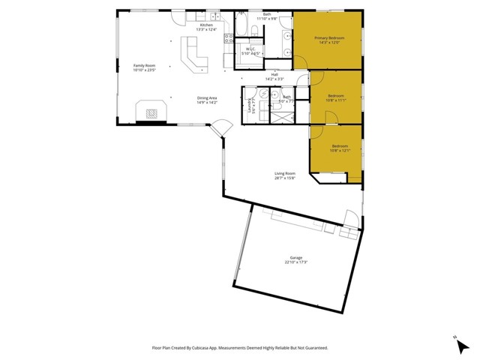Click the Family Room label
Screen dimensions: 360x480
tap(143, 67)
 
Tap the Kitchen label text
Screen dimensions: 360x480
tap(206, 25)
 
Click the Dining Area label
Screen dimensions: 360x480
tap(207, 98)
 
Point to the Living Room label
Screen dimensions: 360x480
tap(285, 173)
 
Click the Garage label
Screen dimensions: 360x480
tap(296, 258)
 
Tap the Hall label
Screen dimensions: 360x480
tap(275, 74)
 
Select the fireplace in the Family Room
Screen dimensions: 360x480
tap(152, 112)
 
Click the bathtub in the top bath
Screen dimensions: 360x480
tap(253, 31)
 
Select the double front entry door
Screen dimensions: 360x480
tap(219, 128)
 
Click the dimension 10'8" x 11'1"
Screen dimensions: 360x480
tap(336, 100)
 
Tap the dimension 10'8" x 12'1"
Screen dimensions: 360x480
tap(340, 151)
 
